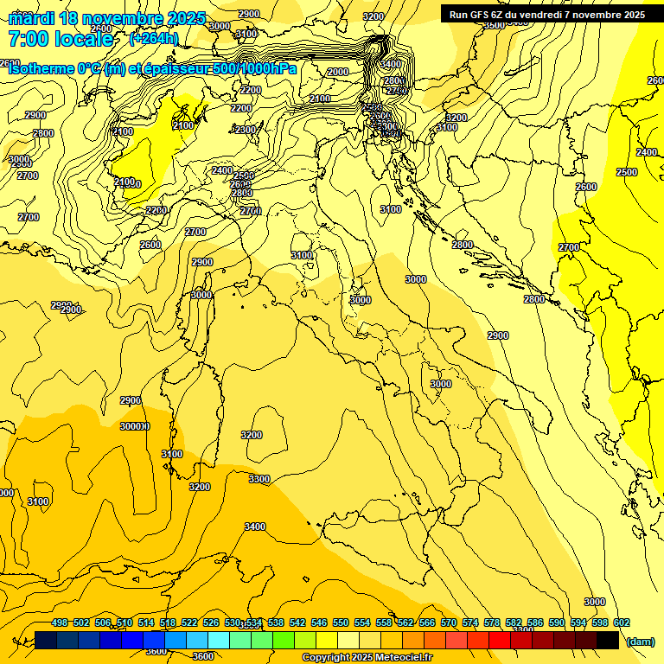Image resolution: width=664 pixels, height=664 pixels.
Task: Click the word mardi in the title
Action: point(29,18)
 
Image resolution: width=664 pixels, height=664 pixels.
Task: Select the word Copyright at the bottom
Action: point(326,658)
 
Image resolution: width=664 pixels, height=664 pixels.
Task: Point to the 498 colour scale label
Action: point(60,623)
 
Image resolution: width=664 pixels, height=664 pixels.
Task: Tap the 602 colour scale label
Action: point(622,623)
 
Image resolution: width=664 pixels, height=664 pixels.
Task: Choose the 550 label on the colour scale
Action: point(341,623)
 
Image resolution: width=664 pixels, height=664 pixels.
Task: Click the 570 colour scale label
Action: point(449,623)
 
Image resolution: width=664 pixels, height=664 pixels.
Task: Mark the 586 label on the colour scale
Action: point(535,623)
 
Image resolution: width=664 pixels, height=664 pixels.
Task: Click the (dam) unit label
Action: point(641,642)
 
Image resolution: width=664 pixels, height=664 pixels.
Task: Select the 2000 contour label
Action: point(338,72)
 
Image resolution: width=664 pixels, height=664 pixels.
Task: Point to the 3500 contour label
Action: point(494,25)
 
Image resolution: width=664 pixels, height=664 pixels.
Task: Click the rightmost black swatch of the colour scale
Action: point(608,640)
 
